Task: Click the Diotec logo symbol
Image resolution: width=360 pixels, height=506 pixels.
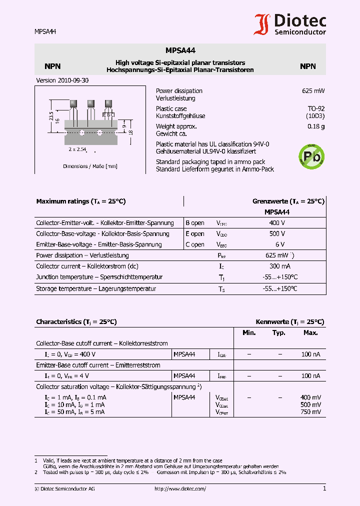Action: [262, 24]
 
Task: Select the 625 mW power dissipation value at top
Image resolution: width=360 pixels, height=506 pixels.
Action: [313, 91]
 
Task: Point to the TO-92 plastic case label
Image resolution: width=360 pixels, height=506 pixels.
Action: [315, 108]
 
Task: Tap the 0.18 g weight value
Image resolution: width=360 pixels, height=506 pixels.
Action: [316, 126]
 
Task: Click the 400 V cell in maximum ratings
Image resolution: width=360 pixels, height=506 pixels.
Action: [277, 223]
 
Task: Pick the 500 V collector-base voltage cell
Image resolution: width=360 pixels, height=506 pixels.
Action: [277, 234]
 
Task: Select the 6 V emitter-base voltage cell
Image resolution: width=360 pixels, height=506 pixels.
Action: [279, 245]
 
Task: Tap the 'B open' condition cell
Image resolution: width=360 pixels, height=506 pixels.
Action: [195, 223]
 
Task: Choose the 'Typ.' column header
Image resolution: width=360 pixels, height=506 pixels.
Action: [279, 333]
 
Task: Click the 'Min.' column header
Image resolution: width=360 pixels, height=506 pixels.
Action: [249, 333]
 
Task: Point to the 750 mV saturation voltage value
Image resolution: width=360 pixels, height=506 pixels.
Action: [310, 412]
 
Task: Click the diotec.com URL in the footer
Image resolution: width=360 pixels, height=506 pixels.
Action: [180, 489]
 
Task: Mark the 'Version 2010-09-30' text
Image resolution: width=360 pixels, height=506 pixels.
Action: [62, 80]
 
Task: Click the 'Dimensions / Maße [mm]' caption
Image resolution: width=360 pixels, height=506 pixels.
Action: [90, 166]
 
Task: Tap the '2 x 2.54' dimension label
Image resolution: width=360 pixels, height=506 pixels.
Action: [77, 149]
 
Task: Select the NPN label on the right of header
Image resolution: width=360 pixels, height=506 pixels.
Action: [307, 66]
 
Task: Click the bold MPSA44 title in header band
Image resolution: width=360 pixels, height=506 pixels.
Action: [180, 50]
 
